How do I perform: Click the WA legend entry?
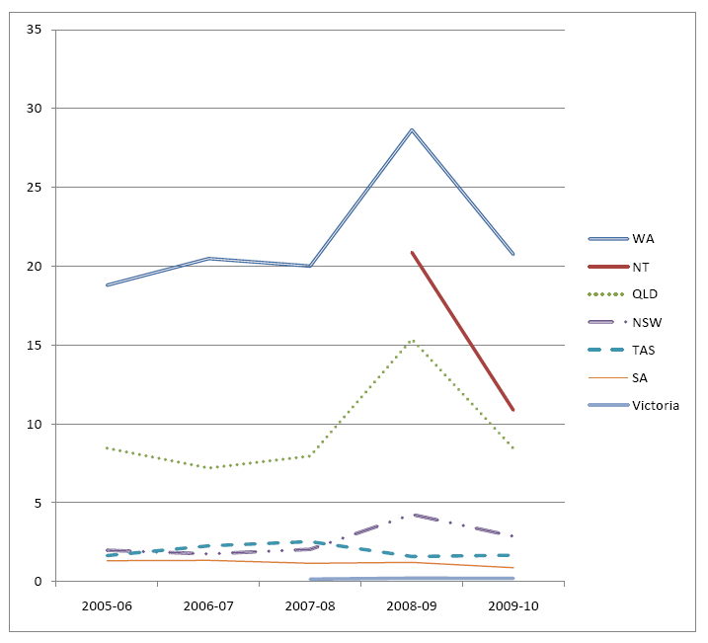[x=643, y=238]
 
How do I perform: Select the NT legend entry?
[x=641, y=266]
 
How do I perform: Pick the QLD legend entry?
[x=645, y=293]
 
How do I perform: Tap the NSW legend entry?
[x=646, y=322]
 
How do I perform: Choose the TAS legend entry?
[x=644, y=350]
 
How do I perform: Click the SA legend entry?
[x=641, y=377]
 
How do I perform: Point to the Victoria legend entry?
[x=656, y=405]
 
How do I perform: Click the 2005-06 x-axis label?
[x=107, y=605]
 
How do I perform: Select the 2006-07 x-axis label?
[x=208, y=605]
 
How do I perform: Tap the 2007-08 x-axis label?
[x=310, y=605]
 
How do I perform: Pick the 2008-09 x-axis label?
[x=412, y=605]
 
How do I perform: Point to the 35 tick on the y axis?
[x=35, y=30]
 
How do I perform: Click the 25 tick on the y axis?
[x=35, y=188]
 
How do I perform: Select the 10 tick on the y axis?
[x=35, y=425]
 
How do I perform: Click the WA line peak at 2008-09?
[x=412, y=129]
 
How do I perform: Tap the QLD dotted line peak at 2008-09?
[x=412, y=340]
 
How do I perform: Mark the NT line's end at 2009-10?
[x=513, y=409]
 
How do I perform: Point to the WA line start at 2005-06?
[x=107, y=284]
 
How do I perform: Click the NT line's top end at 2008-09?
[x=412, y=253]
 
